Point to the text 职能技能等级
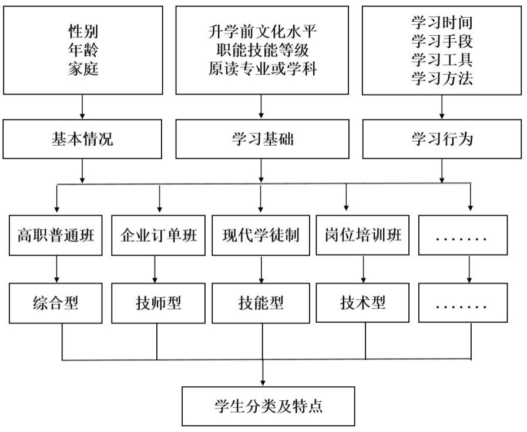262,50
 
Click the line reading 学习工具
441,59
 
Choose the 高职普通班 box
55,236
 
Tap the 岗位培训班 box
363,235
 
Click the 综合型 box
55,303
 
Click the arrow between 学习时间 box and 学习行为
441,108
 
